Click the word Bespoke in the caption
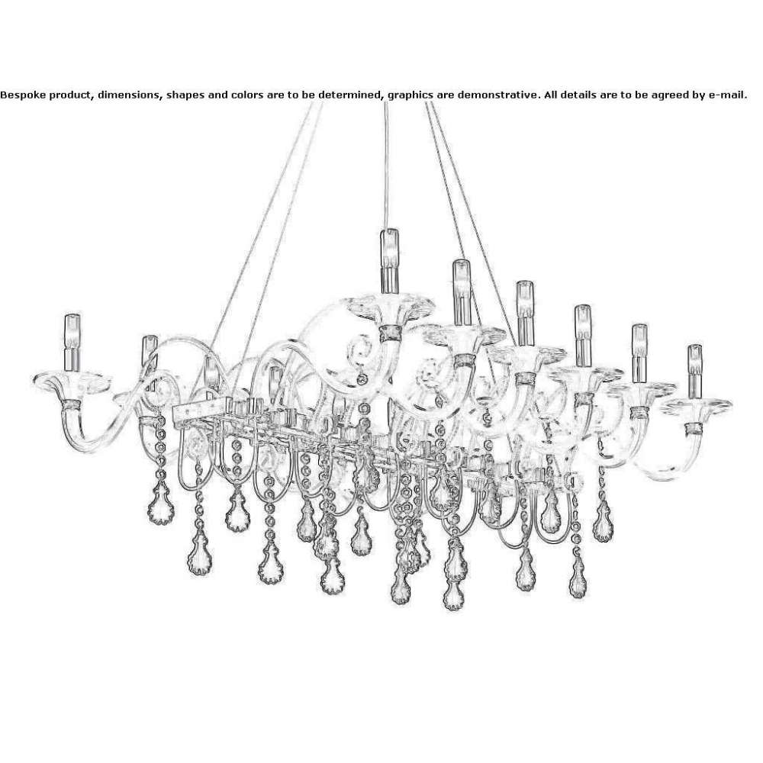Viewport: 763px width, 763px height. click(22, 95)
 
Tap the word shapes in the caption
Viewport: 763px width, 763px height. click(185, 95)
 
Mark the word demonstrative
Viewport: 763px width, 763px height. click(499, 95)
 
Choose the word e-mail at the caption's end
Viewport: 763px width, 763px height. click(726, 95)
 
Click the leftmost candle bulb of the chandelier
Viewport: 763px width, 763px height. click(72, 342)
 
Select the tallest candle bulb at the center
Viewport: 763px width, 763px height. click(389, 260)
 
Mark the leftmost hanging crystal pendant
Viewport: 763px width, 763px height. click(160, 507)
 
